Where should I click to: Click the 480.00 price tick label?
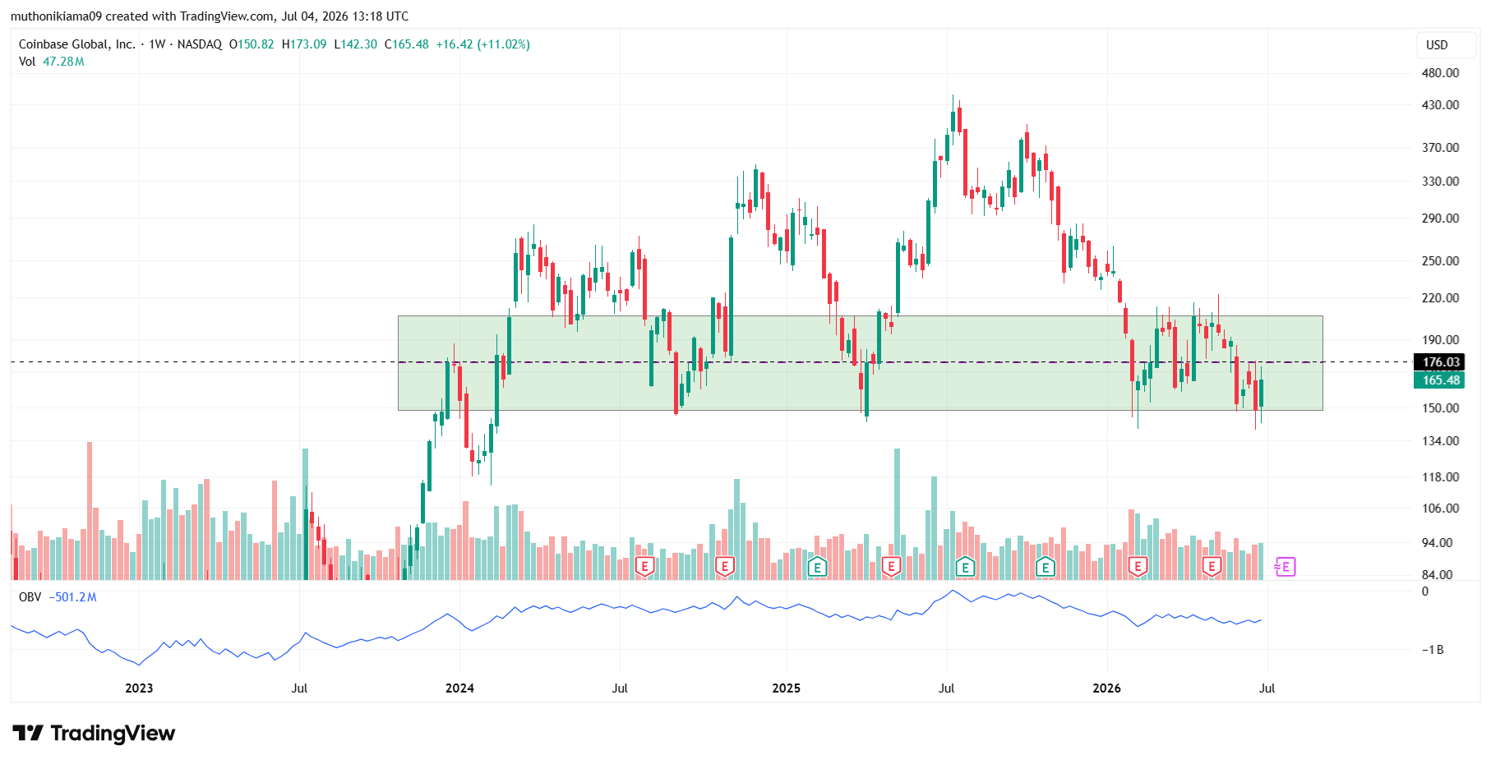[1440, 73]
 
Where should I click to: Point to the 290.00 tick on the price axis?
[1440, 219]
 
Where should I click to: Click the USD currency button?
[1437, 45]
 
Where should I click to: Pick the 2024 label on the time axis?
[459, 688]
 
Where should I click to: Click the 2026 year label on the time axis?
[1106, 688]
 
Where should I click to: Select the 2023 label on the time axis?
[139, 688]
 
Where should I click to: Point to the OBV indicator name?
[30, 597]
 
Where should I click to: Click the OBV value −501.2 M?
[72, 597]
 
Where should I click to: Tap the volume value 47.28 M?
[63, 62]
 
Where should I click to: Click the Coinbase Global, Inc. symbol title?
[77, 44]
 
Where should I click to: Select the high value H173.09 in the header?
[304, 44]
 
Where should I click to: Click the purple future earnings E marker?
[1286, 567]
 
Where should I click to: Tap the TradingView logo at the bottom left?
[94, 733]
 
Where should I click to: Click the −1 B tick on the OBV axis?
[1433, 650]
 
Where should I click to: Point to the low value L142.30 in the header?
[356, 44]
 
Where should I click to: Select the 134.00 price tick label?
[1440, 441]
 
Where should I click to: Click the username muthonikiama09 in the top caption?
[57, 16]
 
